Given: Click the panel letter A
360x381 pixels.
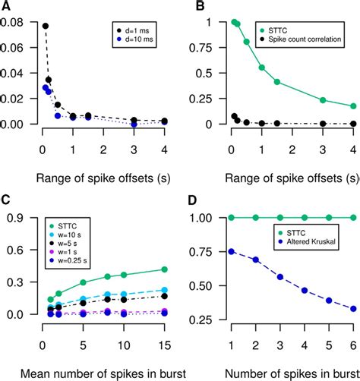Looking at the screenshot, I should (7, 8).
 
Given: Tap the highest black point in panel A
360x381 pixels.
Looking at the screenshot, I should (45, 26).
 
